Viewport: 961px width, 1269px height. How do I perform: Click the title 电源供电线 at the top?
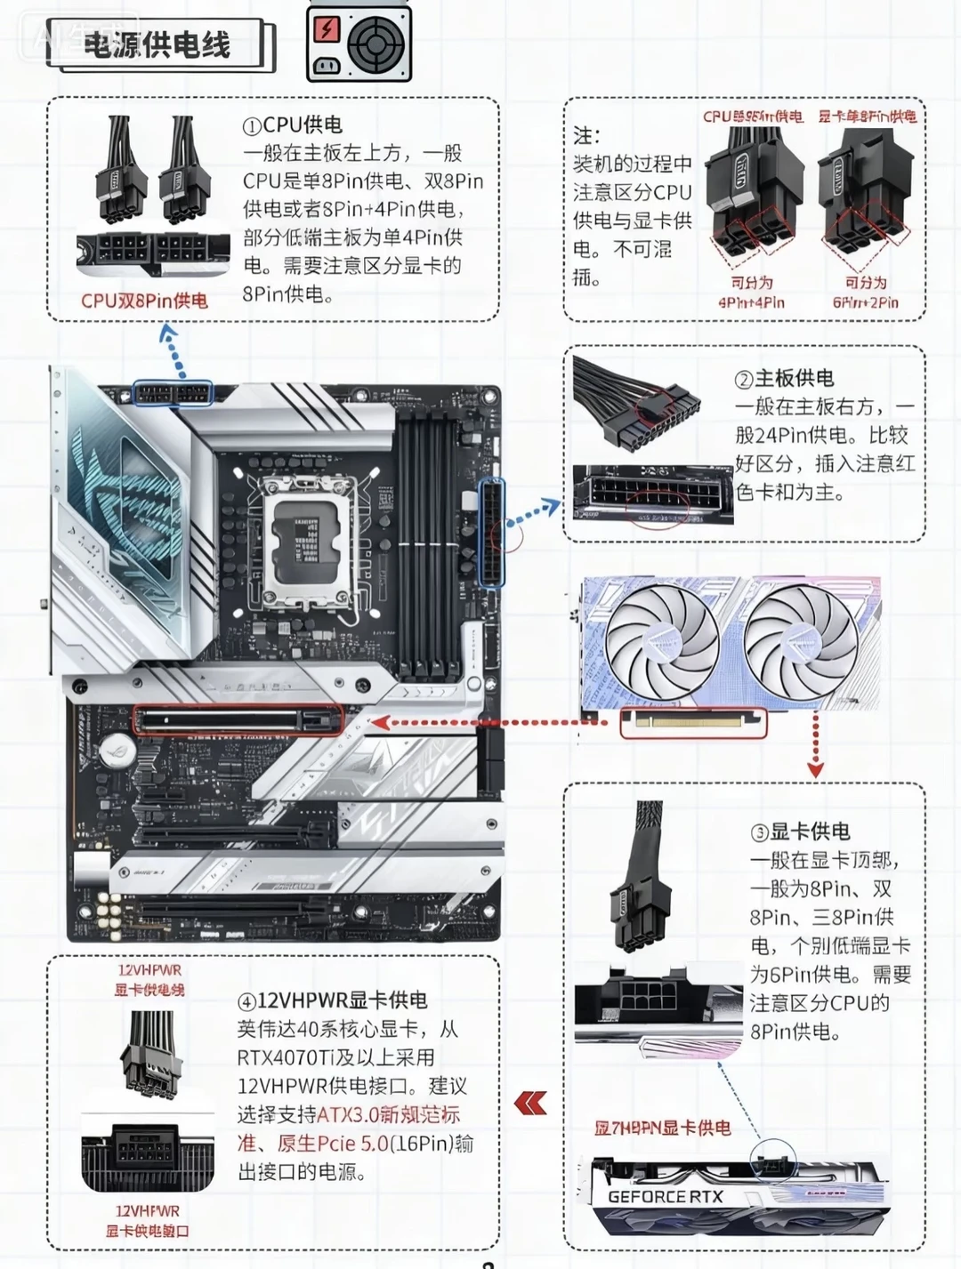pos(157,44)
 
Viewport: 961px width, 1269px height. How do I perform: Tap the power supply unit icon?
pos(359,42)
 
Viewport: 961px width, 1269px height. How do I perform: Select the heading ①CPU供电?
pos(293,125)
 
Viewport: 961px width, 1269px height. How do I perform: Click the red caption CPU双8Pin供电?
pos(144,301)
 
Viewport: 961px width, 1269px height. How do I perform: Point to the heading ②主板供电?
pos(784,378)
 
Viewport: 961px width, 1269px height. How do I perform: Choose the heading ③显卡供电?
pos(800,831)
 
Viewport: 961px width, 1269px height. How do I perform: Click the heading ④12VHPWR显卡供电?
pos(332,1000)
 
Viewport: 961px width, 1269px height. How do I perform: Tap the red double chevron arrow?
pos(530,1104)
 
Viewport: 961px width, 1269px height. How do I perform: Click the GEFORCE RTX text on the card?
pos(666,1196)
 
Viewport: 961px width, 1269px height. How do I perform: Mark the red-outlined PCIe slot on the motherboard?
pos(238,720)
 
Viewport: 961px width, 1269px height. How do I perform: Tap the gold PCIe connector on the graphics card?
pos(692,722)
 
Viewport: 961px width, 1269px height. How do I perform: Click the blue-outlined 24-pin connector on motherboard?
pos(491,533)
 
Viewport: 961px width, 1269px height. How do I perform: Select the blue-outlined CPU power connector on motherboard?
pos(173,392)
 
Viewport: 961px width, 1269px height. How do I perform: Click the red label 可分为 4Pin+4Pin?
pos(751,293)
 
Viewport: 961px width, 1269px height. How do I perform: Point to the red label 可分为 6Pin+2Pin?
pos(865,293)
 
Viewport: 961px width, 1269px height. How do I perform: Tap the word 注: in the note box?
pos(586,136)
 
